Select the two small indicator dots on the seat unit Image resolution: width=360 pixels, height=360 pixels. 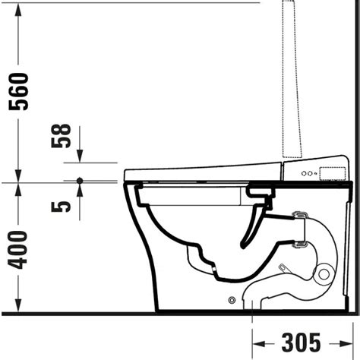coord(305,174)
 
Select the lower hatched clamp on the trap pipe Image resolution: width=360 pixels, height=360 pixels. coord(300,245)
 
